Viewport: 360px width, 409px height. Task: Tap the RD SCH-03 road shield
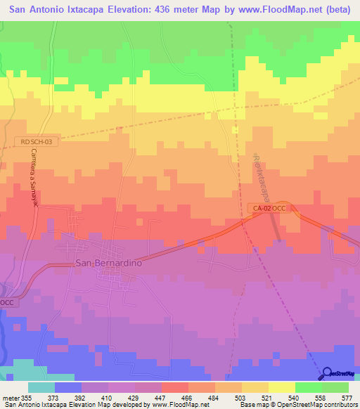pyautogui.click(x=36, y=141)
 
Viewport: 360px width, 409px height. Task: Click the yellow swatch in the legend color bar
pyautogui.click(x=281, y=387)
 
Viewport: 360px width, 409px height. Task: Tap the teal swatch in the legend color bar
pyautogui.click(x=41, y=387)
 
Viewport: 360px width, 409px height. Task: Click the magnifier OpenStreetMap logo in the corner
pyautogui.click(x=336, y=372)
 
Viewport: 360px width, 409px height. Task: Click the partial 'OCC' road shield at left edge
pyautogui.click(x=6, y=301)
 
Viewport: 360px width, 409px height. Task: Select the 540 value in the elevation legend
pyautogui.click(x=295, y=397)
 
